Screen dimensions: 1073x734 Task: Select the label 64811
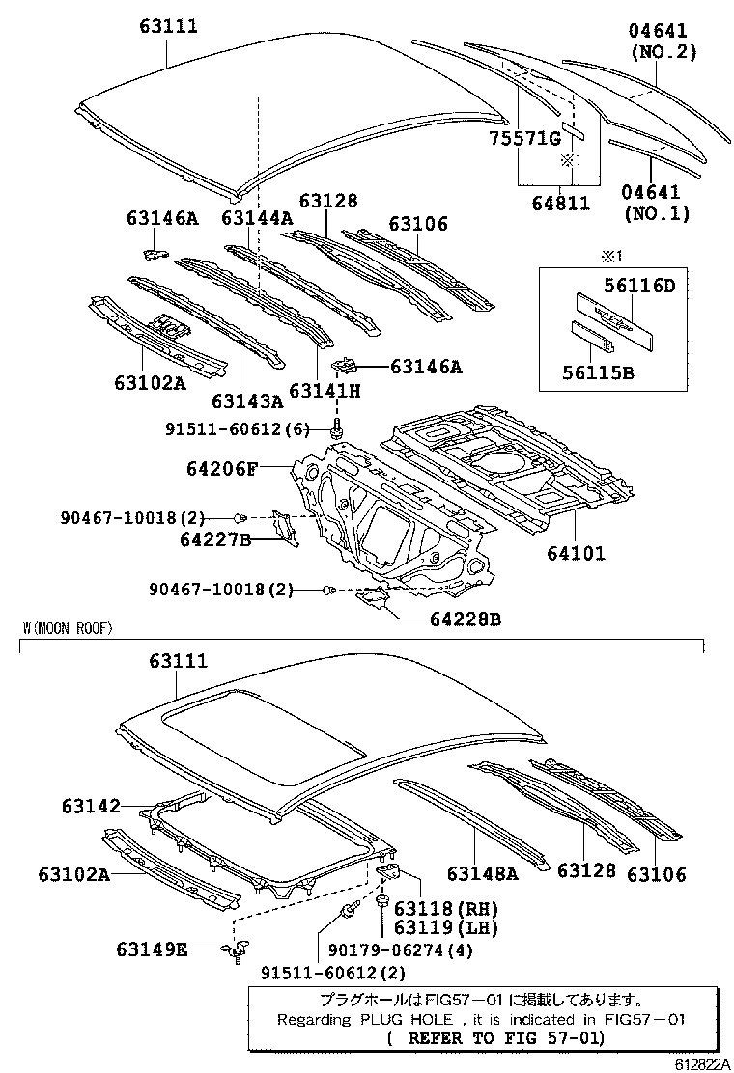pyautogui.click(x=559, y=203)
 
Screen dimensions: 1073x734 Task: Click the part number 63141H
pyautogui.click(x=325, y=391)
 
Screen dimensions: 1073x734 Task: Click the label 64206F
pyautogui.click(x=222, y=470)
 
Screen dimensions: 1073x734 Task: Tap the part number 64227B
pyautogui.click(x=214, y=540)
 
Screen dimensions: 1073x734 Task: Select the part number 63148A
pyautogui.click(x=483, y=873)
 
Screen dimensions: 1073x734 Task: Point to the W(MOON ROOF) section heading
pyautogui.click(x=68, y=628)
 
